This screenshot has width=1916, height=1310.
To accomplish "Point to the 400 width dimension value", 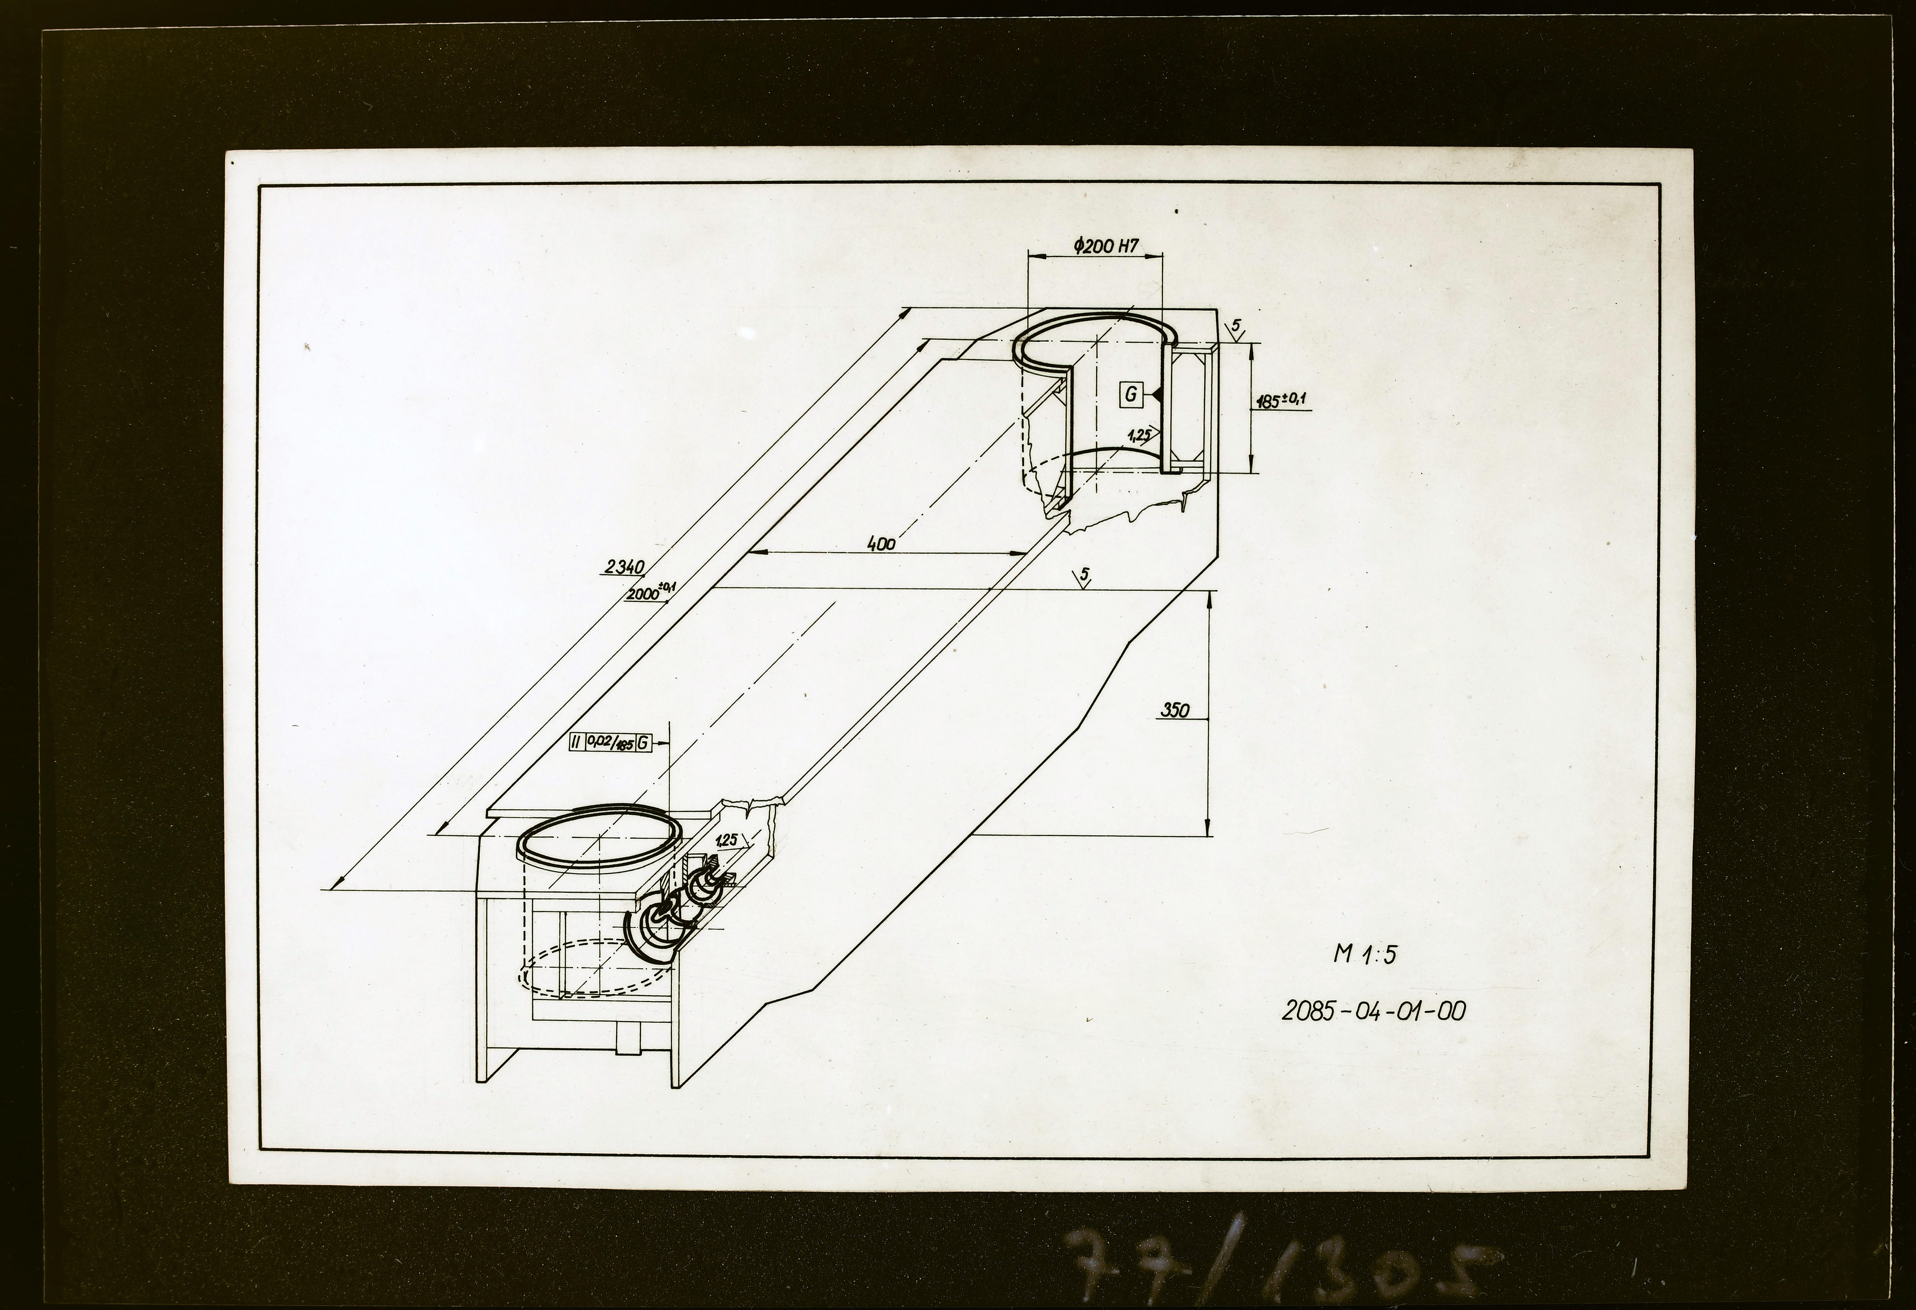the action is tap(881, 543).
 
